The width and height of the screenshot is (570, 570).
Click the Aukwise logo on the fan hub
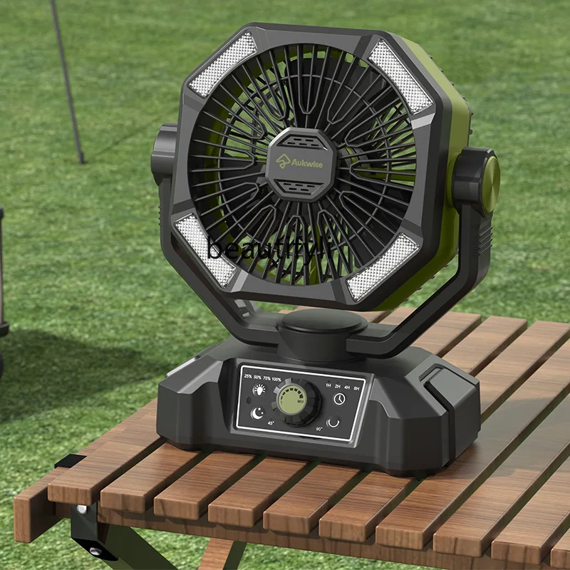(301, 163)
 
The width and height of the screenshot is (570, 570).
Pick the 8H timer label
(356, 388)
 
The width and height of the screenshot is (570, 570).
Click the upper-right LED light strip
(400, 76)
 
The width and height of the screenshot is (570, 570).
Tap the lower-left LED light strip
(204, 249)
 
